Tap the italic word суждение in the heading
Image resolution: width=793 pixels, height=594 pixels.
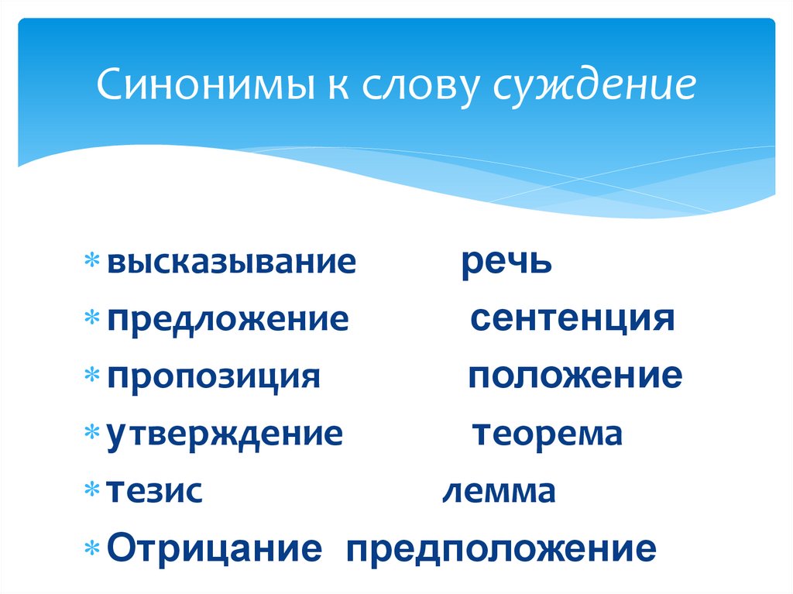tap(594, 86)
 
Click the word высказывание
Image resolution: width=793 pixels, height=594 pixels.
tap(232, 263)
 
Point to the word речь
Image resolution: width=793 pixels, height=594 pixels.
tap(507, 263)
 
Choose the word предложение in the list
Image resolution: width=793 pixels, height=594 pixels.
tap(228, 319)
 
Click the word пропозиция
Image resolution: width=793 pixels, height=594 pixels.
tap(214, 377)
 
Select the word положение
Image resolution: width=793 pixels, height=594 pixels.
tap(575, 377)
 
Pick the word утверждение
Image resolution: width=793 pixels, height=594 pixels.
tap(225, 434)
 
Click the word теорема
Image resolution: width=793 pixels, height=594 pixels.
tap(548, 434)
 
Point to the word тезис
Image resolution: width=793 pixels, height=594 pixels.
tap(155, 491)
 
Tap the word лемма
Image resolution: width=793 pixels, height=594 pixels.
tap(499, 491)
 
